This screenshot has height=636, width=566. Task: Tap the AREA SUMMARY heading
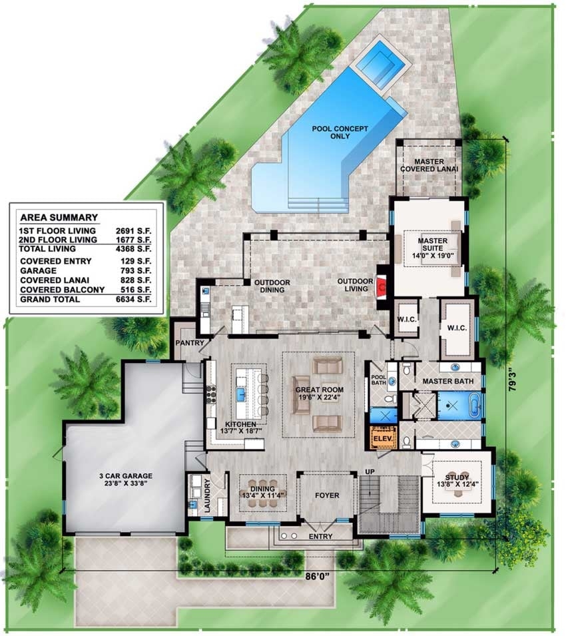[x=59, y=217]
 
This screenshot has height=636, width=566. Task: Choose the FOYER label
[x=326, y=495]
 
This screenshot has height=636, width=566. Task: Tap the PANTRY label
[x=188, y=342]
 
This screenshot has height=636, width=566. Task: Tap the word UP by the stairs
[x=370, y=472]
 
